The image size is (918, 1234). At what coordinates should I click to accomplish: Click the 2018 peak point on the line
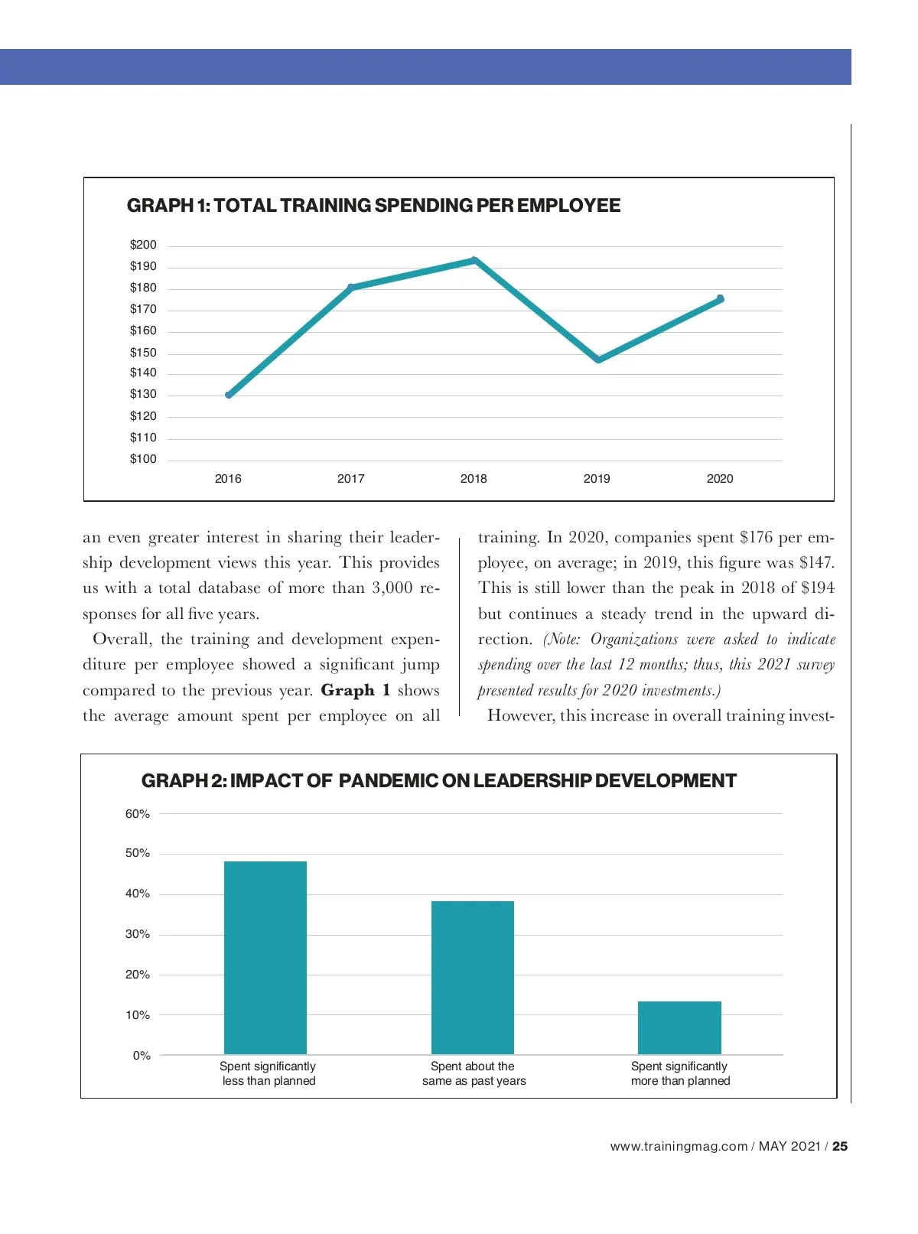(x=474, y=261)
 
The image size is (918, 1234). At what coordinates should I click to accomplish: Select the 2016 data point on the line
(x=229, y=395)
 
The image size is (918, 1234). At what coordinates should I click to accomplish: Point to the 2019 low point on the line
(x=598, y=360)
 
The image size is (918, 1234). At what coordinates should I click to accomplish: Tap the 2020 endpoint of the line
(x=720, y=299)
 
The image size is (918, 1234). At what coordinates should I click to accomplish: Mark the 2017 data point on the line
(x=351, y=288)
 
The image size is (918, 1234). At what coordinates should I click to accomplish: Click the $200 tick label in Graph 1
(x=143, y=245)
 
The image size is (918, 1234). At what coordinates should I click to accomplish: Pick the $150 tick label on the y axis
(x=143, y=353)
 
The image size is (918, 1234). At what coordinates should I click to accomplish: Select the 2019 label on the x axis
(x=597, y=479)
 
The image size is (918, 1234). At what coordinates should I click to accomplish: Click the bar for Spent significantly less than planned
(x=265, y=958)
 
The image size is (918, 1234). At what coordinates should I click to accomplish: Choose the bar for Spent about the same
(x=473, y=978)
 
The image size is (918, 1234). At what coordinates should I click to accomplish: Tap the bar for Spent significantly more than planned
(x=679, y=1027)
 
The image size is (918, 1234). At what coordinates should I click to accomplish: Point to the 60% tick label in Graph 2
(x=138, y=814)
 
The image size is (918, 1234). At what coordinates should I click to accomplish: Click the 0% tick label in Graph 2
(x=142, y=1056)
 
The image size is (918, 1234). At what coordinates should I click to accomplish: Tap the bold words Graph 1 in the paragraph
(x=356, y=690)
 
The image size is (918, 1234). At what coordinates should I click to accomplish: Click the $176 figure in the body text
(x=757, y=537)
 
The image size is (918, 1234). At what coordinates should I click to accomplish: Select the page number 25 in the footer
(x=840, y=1146)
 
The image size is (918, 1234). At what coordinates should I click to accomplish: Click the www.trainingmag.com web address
(x=679, y=1146)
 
